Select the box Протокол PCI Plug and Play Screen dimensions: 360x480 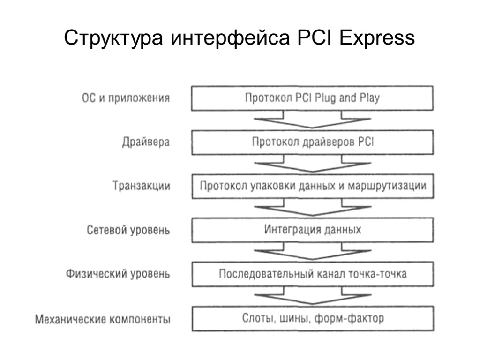[312, 98]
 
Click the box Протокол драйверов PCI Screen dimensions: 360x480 [312, 142]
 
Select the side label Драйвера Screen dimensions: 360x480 [146, 142]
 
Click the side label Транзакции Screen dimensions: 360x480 [142, 186]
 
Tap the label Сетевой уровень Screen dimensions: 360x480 [128, 230]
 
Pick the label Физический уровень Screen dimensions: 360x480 [118, 274]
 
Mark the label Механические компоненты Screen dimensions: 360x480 [103, 320]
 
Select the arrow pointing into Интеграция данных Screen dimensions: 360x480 [312, 208]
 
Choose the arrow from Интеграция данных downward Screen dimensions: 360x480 [312, 252]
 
